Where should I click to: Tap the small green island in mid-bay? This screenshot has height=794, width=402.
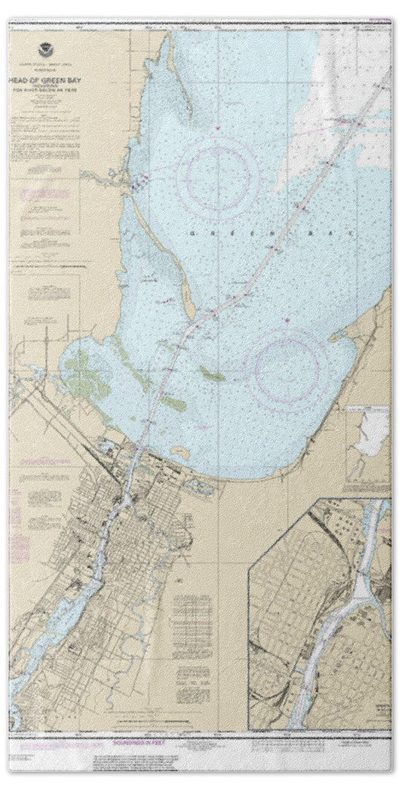[x=212, y=372]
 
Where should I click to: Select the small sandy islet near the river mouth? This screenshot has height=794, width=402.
[x=180, y=451]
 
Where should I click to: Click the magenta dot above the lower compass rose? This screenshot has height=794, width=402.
[x=287, y=323]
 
